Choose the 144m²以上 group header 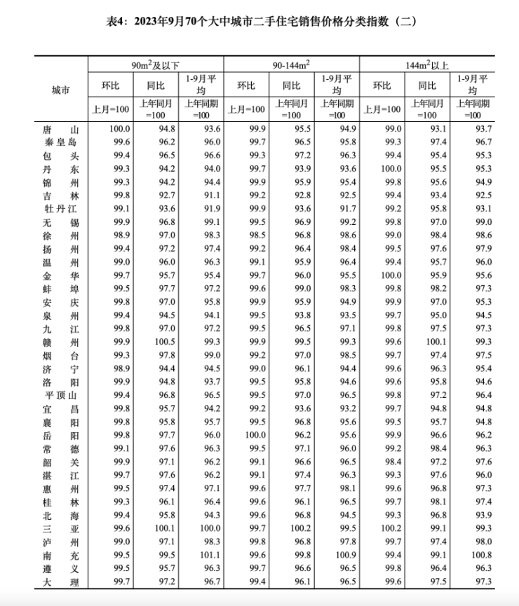click(427, 65)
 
